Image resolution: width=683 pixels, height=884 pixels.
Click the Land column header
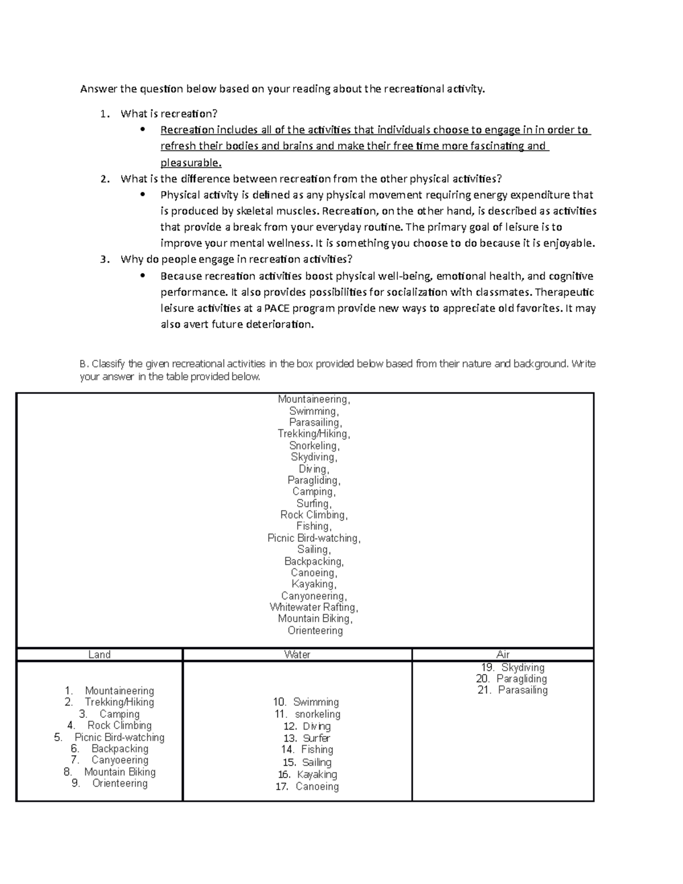99,655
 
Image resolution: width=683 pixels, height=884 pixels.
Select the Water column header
297,655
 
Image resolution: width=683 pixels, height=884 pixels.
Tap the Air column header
503,655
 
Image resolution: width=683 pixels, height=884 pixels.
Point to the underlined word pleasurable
191,163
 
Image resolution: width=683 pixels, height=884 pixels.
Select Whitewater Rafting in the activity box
314,607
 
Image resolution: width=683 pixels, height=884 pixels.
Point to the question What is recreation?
169,114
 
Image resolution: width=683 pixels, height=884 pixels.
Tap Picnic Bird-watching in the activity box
314,538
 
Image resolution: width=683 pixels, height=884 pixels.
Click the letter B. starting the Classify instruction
84,364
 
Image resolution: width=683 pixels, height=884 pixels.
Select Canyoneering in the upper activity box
314,596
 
